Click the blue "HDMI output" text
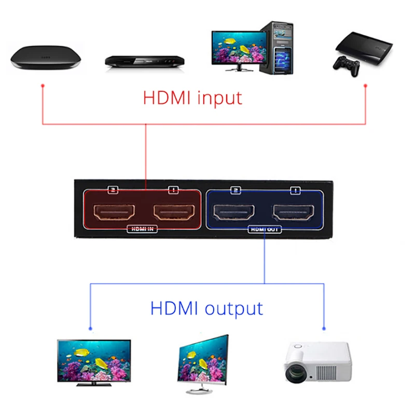click(x=206, y=308)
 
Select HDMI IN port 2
click(x=114, y=212)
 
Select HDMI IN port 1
click(x=173, y=212)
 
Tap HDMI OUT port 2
click(x=236, y=212)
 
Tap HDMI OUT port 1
click(x=295, y=212)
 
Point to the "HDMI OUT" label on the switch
click(x=264, y=229)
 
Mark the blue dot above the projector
click(x=324, y=328)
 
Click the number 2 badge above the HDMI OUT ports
click(x=236, y=190)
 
